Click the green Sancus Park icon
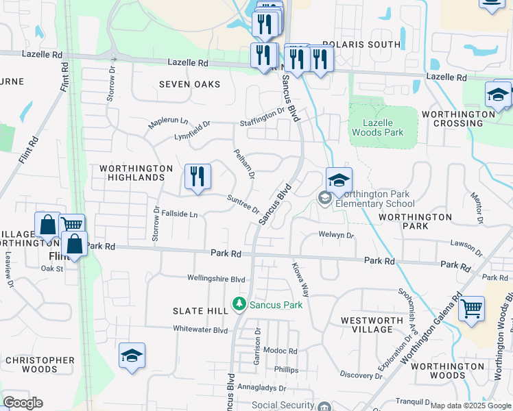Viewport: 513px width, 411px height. (x=239, y=303)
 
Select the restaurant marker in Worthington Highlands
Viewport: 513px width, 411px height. (x=198, y=177)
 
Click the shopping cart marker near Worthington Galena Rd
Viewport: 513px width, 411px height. (x=471, y=310)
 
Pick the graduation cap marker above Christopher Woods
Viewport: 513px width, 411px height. (x=132, y=356)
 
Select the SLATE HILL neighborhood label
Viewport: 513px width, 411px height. (x=200, y=311)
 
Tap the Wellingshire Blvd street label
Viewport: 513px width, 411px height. (x=216, y=279)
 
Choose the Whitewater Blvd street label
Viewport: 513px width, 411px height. (x=200, y=329)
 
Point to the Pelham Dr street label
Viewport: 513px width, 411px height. (x=244, y=164)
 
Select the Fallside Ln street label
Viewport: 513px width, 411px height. (x=179, y=214)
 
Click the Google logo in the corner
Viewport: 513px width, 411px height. (x=23, y=403)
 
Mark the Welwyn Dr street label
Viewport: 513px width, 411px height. (x=336, y=235)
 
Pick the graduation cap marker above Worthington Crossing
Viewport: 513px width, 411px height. (x=498, y=95)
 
